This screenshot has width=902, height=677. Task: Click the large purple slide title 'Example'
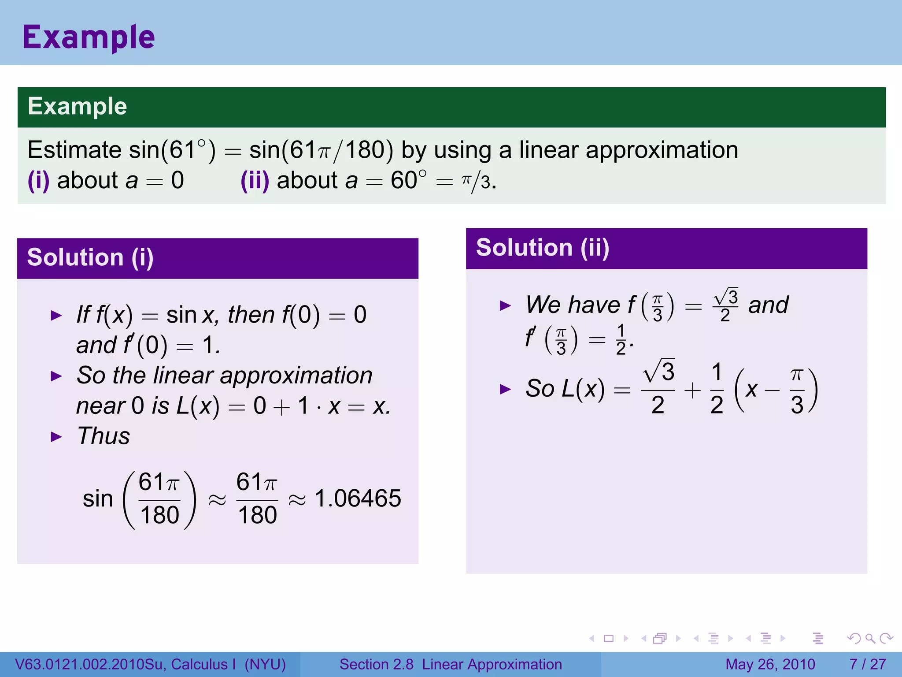[x=89, y=37]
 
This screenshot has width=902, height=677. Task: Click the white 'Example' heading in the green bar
[x=78, y=106]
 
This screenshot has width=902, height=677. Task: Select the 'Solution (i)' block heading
[x=90, y=257]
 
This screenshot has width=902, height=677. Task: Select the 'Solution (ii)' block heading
[x=543, y=248]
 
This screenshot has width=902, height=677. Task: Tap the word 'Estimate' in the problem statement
[x=74, y=150]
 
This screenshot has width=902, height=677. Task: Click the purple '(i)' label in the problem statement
[x=38, y=180]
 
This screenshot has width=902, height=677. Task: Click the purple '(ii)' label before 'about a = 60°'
[x=255, y=180]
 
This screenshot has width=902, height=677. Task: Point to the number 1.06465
[x=358, y=498]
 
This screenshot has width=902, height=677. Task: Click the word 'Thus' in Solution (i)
[x=104, y=436]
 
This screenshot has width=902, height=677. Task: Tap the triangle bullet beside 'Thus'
[x=56, y=437]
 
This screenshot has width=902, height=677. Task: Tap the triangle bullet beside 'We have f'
[x=505, y=305]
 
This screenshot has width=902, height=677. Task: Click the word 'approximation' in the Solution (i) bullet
[x=296, y=376]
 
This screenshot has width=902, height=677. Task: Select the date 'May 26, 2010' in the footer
[x=770, y=664]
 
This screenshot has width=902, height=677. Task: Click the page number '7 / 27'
[x=867, y=664]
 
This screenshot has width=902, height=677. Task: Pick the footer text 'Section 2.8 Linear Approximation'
[x=451, y=664]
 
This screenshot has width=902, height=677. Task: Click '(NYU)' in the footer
[x=265, y=664]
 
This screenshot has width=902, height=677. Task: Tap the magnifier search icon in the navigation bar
[x=870, y=638]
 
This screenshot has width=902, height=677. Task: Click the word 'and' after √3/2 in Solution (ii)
[x=768, y=305]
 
